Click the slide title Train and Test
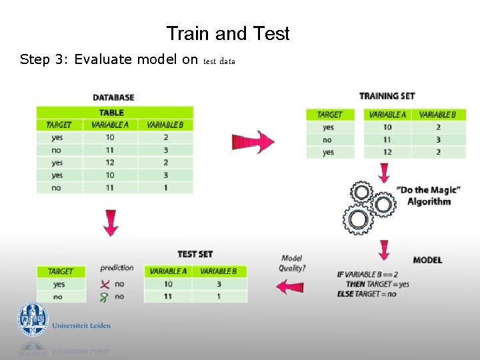(228, 33)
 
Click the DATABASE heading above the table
(113, 97)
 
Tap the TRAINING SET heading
(387, 96)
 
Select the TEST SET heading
(195, 254)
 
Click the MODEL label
(427, 259)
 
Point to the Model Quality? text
(292, 263)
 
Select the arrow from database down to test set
(111, 222)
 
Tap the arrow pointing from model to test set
(291, 287)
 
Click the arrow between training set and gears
(384, 173)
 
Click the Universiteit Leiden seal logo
(33, 319)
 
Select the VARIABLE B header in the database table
(165, 125)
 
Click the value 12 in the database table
(110, 163)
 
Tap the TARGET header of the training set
(329, 115)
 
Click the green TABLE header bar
(114, 113)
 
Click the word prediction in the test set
(117, 268)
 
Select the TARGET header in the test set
(60, 271)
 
